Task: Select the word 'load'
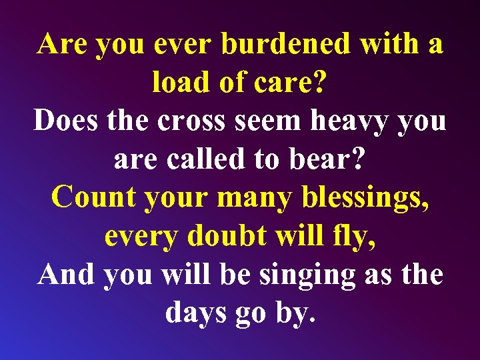(175, 82)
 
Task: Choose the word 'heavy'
(355, 121)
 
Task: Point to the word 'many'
(259, 197)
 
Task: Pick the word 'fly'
(352, 235)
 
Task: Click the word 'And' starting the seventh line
(67, 274)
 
